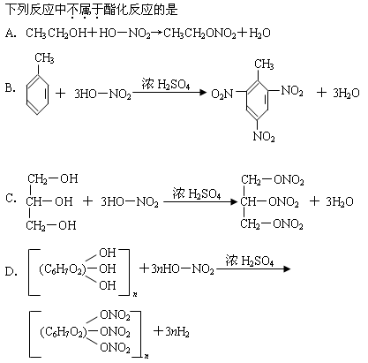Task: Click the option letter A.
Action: pyautogui.click(x=11, y=34)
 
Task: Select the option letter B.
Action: pyautogui.click(x=10, y=88)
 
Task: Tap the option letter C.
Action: pyautogui.click(x=11, y=199)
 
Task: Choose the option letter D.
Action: pyautogui.click(x=11, y=271)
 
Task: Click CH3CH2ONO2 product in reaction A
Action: pyautogui.click(x=199, y=34)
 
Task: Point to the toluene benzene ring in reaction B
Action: pyautogui.click(x=37, y=95)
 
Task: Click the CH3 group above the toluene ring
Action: pyautogui.click(x=44, y=58)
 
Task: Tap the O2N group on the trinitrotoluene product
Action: pyautogui.click(x=222, y=94)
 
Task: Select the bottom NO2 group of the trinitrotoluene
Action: pyautogui.click(x=264, y=136)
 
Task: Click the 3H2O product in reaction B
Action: pyautogui.click(x=346, y=93)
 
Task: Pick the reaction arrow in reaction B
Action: pyautogui.click(x=169, y=93)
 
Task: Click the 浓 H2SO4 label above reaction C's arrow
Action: pyautogui.click(x=197, y=193)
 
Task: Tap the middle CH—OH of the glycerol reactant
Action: pyautogui.click(x=49, y=201)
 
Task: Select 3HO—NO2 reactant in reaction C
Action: pyautogui.click(x=130, y=202)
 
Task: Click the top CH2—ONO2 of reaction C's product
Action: pyautogui.click(x=273, y=180)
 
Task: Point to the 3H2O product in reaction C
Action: pyautogui.click(x=340, y=202)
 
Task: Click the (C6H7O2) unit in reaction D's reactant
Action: pyautogui.click(x=63, y=269)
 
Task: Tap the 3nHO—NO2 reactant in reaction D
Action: pyautogui.click(x=183, y=269)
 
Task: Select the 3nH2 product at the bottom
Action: pyautogui.click(x=177, y=332)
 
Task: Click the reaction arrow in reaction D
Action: pyautogui.click(x=253, y=268)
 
